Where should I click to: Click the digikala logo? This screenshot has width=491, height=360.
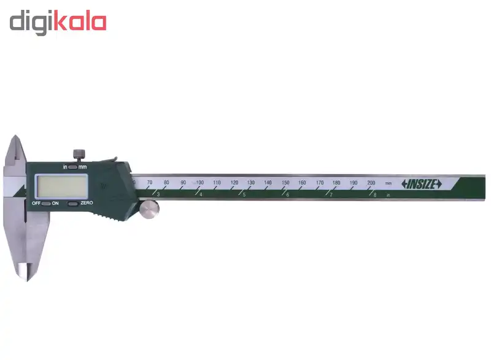pyautogui.click(x=58, y=22)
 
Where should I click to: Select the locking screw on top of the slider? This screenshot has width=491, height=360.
pyautogui.click(x=79, y=155)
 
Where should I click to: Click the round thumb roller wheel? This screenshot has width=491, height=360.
pyautogui.click(x=148, y=209)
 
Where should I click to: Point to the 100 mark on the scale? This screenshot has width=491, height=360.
pyautogui.click(x=199, y=183)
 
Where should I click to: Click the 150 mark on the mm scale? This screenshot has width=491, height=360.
pyautogui.click(x=285, y=183)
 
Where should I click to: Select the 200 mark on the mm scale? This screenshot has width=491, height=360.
pyautogui.click(x=371, y=183)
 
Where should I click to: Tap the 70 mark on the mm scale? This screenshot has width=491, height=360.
pyautogui.click(x=149, y=183)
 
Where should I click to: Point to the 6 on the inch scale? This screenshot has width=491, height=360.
pyautogui.click(x=287, y=195)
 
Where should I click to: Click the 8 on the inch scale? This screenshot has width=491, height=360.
pyautogui.click(x=374, y=195)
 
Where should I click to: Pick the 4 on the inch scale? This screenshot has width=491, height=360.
pyautogui.click(x=201, y=195)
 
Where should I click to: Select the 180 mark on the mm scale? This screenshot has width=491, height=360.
pyautogui.click(x=336, y=183)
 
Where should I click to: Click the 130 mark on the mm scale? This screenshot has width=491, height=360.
pyautogui.click(x=251, y=183)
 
